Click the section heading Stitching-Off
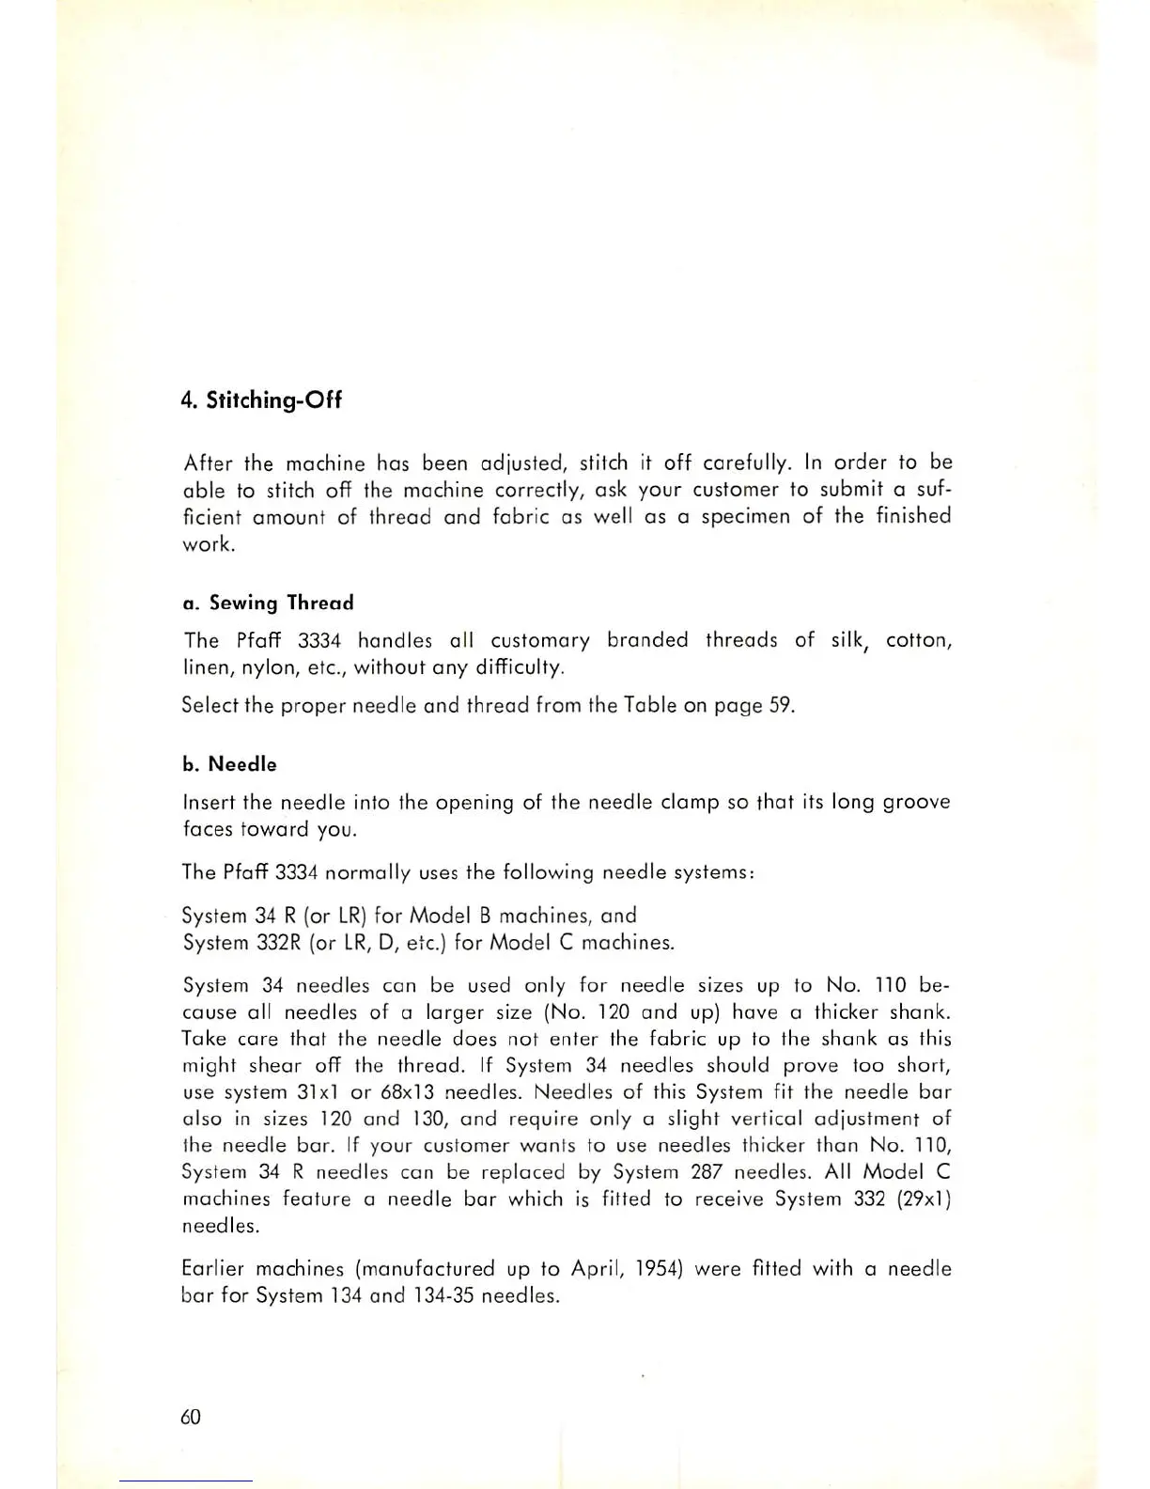(x=261, y=400)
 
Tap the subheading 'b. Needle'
(x=229, y=764)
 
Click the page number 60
(x=191, y=1417)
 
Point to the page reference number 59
(x=780, y=705)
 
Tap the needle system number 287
(x=706, y=1172)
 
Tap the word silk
(x=851, y=640)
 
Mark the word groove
(x=915, y=803)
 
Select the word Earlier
(x=215, y=1269)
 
